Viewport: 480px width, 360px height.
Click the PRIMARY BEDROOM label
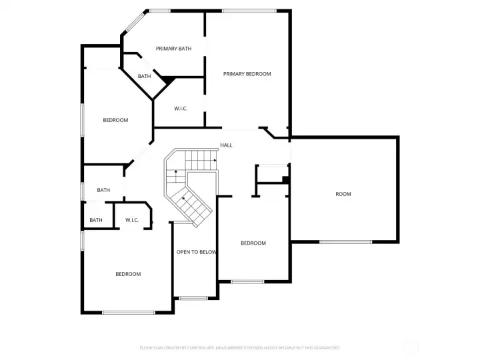[247, 74]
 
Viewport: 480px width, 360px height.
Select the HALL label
[226, 145]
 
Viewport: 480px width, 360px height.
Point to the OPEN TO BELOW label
[196, 252]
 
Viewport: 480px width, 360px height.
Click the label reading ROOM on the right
[343, 194]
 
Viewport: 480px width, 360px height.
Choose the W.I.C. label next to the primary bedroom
[181, 109]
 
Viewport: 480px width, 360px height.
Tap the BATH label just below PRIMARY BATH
[144, 77]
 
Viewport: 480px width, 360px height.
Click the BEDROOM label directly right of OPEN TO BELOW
[253, 243]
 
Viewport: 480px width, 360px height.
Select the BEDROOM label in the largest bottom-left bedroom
[128, 274]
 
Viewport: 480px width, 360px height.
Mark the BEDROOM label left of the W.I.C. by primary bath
[115, 120]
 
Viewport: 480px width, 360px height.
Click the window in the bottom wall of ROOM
[345, 241]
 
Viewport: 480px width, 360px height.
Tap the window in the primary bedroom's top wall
[249, 11]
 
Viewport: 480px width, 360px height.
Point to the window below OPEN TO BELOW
[193, 297]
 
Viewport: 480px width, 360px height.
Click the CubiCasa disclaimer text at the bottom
[240, 347]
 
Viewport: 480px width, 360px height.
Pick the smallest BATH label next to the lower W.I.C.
[96, 220]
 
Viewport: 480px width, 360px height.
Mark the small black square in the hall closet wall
[285, 179]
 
